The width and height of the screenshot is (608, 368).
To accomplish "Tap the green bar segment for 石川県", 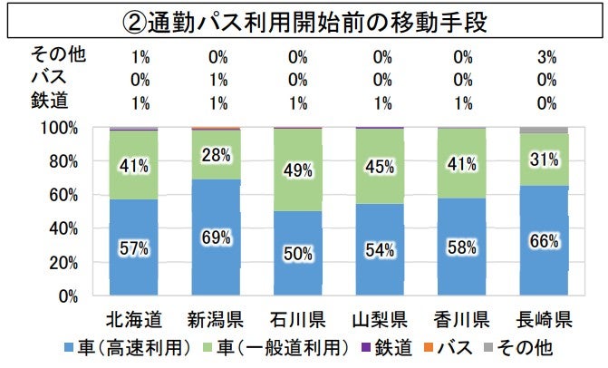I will [297, 169].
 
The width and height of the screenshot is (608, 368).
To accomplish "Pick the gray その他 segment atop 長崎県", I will [544, 131].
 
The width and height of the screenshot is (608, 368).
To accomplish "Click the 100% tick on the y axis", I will [61, 128].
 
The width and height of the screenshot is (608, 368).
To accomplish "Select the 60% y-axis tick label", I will [64, 195].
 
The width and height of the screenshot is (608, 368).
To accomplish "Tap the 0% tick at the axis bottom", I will [69, 295].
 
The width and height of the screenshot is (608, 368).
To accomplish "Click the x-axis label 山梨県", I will [379, 319].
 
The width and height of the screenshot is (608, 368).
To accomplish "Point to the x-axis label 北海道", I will [133, 319].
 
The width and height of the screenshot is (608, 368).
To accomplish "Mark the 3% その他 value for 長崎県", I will [545, 56].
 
